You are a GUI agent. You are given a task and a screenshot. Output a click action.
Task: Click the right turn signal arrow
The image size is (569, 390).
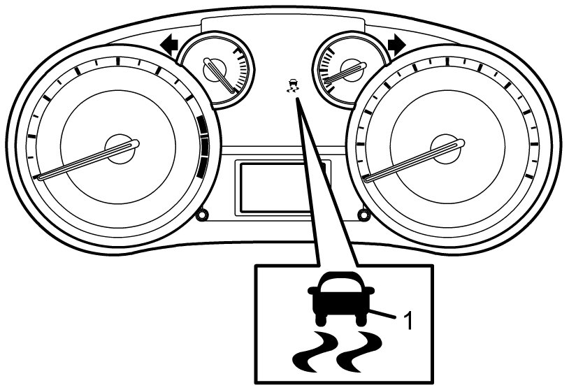coord(396,45)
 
